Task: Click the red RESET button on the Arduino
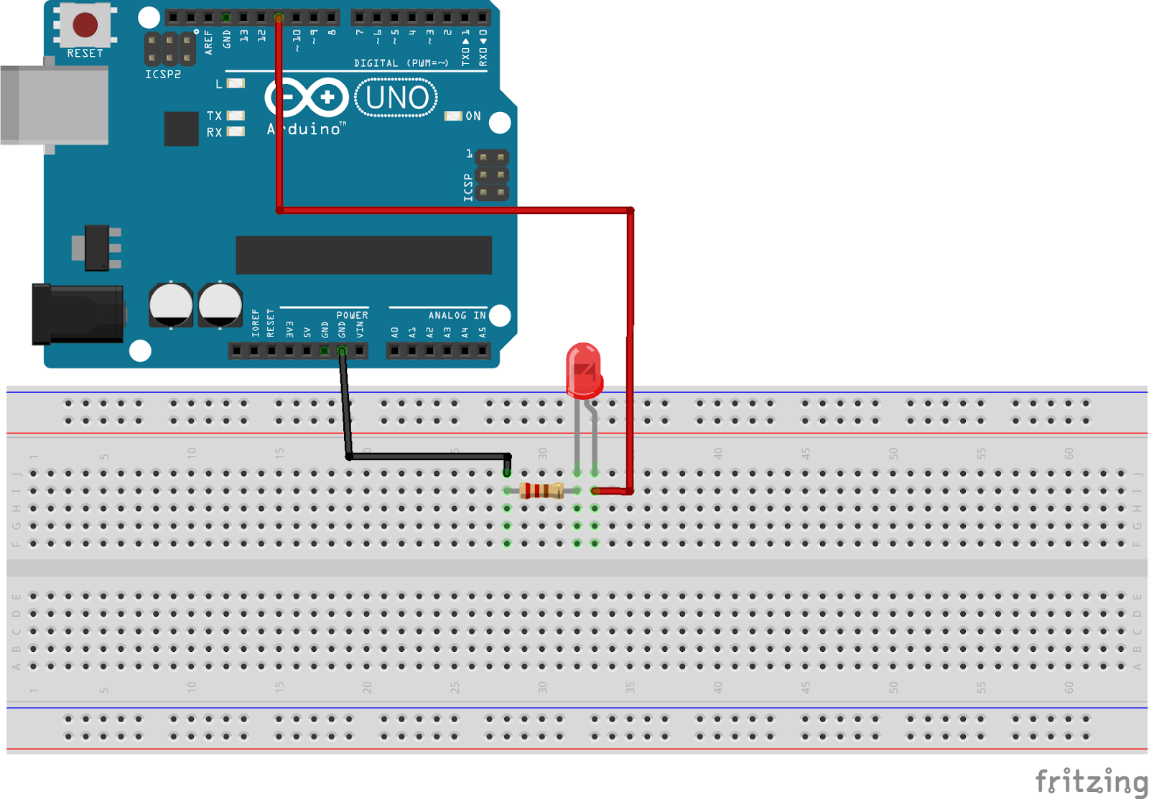pos(85,24)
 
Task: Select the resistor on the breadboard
pos(541,491)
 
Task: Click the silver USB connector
pos(54,106)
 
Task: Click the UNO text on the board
pos(396,98)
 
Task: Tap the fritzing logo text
pos(1090,781)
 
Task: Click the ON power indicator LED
pos(452,116)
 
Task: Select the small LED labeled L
pos(236,84)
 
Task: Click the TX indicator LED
pos(236,116)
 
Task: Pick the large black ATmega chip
pos(363,255)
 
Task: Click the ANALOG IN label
pos(457,315)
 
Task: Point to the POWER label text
pos(352,315)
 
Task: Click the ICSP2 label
pos(163,75)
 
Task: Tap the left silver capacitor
pos(171,304)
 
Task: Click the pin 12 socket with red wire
pos(279,17)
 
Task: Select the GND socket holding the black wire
pos(342,351)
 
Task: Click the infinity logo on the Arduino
pos(307,98)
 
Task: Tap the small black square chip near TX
pos(181,129)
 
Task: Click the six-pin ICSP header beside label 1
pos(492,175)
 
